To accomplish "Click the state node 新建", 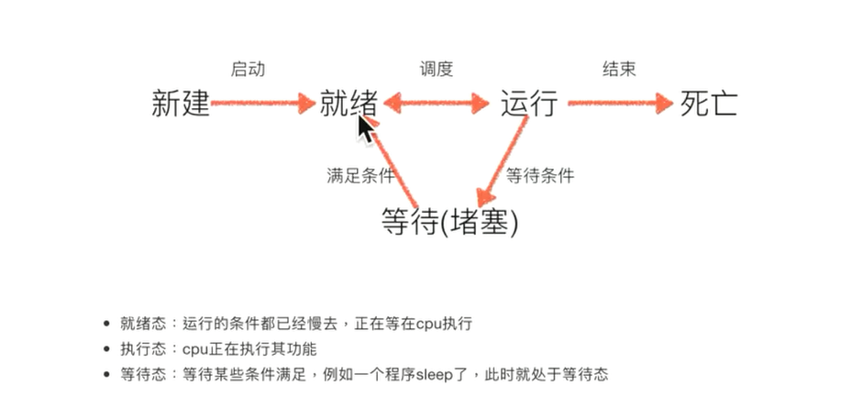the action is pyautogui.click(x=180, y=105).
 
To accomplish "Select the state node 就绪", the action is pyautogui.click(x=348, y=104).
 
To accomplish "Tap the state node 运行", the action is pyautogui.click(x=528, y=104).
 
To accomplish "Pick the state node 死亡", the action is pyautogui.click(x=708, y=104).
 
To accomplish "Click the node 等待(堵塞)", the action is pyautogui.click(x=448, y=221).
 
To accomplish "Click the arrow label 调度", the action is pyautogui.click(x=437, y=69).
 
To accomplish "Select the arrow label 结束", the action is pyautogui.click(x=618, y=69).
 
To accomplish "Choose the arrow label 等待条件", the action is pyautogui.click(x=540, y=175).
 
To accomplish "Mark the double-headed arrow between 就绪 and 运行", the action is pyautogui.click(x=437, y=105).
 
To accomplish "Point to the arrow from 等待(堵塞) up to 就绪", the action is pyautogui.click(x=398, y=160).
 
